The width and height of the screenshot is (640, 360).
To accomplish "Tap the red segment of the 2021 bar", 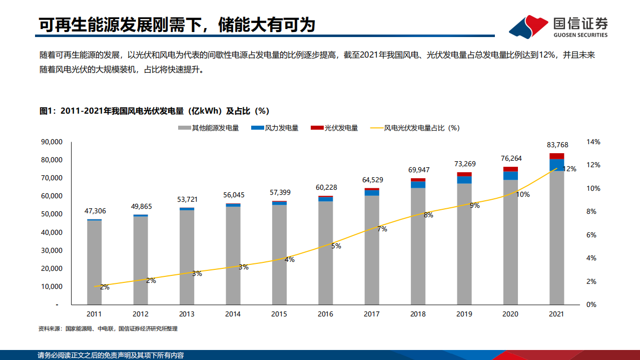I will coord(556,156).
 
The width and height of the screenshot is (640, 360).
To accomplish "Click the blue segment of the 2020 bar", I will coord(510,175).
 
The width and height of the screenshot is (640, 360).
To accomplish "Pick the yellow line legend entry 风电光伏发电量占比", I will coord(415,128).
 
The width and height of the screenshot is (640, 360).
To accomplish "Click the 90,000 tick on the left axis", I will coord(51,142).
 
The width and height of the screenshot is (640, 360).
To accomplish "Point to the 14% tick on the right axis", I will coord(593,142).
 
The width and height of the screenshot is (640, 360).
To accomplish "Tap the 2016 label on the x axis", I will coord(325,314).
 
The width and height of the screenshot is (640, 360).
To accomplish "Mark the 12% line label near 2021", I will coord(569,169).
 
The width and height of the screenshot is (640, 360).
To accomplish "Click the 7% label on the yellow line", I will coord(382,229).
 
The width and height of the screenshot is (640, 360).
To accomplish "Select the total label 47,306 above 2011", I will coord(95,211).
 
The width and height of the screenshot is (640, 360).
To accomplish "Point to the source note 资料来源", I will coord(108,329).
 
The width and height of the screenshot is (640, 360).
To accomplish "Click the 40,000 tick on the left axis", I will coord(51,232).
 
